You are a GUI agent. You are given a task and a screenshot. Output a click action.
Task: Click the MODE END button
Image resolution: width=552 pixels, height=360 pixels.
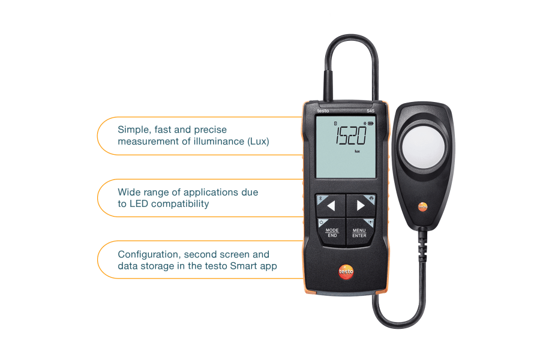[332, 233]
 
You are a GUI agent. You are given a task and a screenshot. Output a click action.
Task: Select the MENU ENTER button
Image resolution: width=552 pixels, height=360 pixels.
[359, 233]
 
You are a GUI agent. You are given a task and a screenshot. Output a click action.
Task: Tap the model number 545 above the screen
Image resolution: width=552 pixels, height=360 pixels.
[371, 111]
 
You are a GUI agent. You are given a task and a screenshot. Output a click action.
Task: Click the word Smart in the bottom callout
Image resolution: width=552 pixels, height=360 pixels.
[245, 266]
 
